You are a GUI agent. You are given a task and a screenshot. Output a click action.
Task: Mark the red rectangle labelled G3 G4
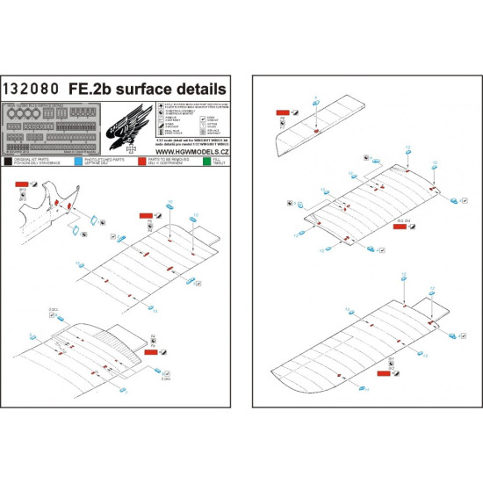point(400,227)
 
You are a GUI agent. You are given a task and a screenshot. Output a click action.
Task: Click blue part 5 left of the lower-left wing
point(35,339)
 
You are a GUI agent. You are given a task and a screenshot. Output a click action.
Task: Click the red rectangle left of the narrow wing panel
point(282,113)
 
